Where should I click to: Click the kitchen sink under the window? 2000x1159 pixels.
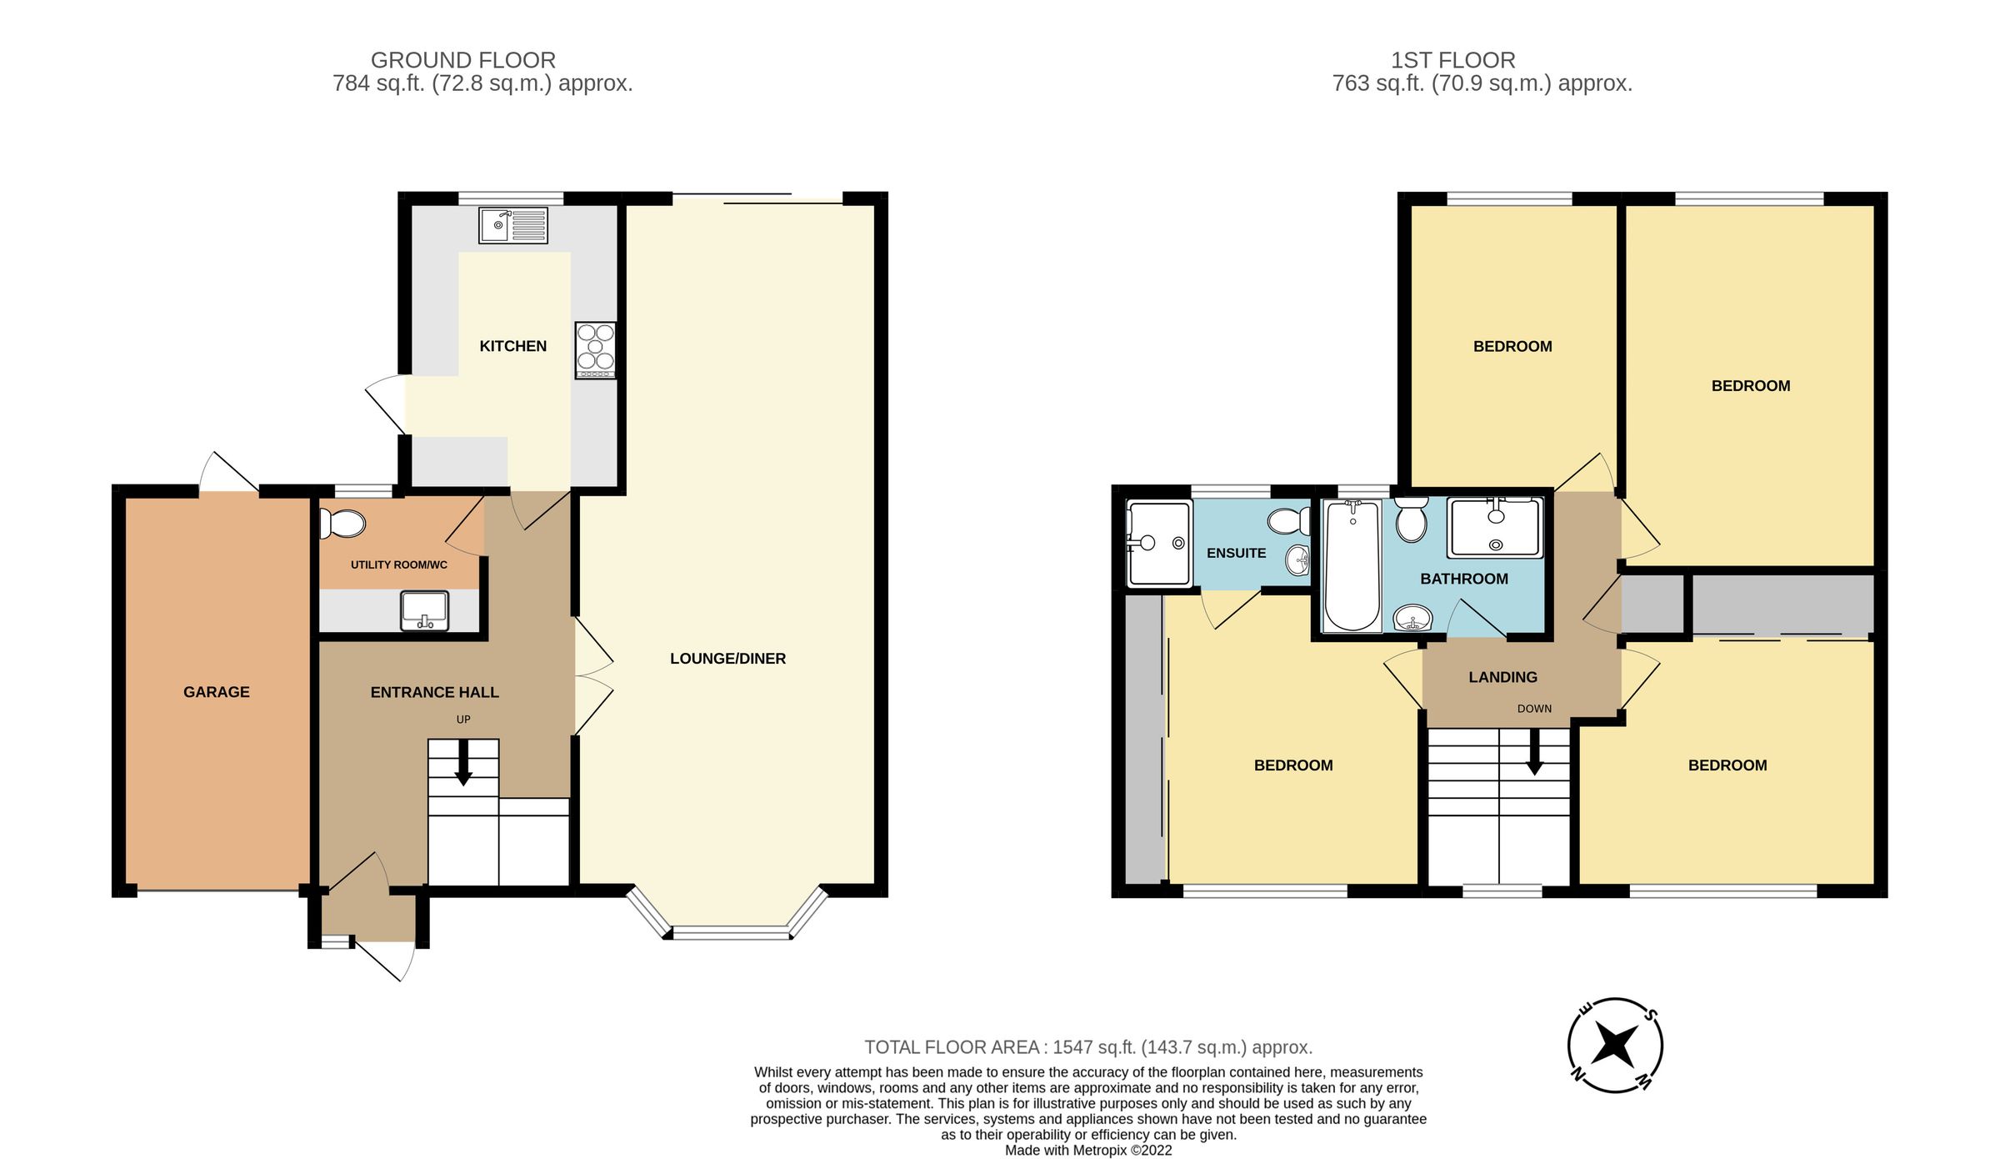tap(512, 225)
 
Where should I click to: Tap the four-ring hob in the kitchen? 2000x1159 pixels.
tap(595, 349)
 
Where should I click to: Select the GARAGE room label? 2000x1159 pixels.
tap(217, 692)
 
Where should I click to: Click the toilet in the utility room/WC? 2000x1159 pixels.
tap(343, 524)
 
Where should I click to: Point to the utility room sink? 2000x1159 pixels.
tap(424, 610)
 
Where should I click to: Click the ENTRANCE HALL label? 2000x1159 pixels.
tap(434, 692)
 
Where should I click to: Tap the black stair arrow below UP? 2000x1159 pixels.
tap(463, 763)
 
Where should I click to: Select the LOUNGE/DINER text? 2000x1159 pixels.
tap(727, 659)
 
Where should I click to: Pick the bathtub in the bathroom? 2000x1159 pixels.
tap(1352, 564)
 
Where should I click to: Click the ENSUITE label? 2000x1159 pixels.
tap(1236, 553)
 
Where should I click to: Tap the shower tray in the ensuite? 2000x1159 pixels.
tap(1157, 544)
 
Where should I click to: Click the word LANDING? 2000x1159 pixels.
tap(1502, 677)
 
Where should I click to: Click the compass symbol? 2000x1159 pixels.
tap(1615, 1045)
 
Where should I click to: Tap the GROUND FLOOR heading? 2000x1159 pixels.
tap(463, 60)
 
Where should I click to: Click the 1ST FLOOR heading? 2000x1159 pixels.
tap(1452, 60)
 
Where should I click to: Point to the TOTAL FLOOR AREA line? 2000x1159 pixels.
tap(1087, 1047)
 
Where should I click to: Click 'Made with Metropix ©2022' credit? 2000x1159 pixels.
tap(1087, 1151)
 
